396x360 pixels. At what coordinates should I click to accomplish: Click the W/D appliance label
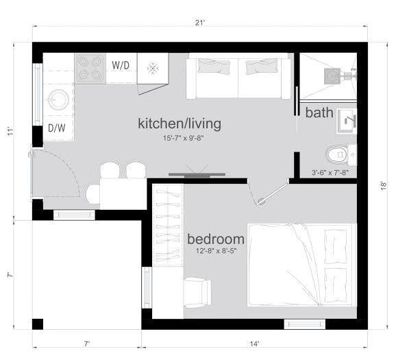click(121, 65)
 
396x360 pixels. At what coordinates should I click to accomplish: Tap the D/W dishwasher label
click(57, 128)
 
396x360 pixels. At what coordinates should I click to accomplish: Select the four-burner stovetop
click(90, 69)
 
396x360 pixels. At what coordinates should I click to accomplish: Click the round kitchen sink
click(59, 100)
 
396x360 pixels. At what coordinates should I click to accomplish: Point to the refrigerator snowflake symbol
click(153, 69)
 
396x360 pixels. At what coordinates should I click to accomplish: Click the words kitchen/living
click(180, 124)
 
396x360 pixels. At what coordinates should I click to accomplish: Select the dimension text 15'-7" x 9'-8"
click(183, 138)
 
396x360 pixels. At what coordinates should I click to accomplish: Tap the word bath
click(319, 112)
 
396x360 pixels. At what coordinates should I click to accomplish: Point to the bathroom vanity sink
click(347, 121)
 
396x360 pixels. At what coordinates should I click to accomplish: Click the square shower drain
click(332, 76)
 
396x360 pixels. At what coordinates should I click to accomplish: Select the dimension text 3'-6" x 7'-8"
click(330, 173)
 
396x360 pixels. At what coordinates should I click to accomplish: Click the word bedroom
click(216, 239)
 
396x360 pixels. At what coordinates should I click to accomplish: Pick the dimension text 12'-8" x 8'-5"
click(216, 251)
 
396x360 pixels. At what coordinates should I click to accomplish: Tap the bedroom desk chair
click(197, 292)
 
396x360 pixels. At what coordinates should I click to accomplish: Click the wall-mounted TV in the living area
click(197, 174)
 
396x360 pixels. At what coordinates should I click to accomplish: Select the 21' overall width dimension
click(199, 23)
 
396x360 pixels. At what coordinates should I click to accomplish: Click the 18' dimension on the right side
click(384, 186)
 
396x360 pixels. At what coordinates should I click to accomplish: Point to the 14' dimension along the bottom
click(254, 344)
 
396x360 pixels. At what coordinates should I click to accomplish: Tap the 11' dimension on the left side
click(10, 131)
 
